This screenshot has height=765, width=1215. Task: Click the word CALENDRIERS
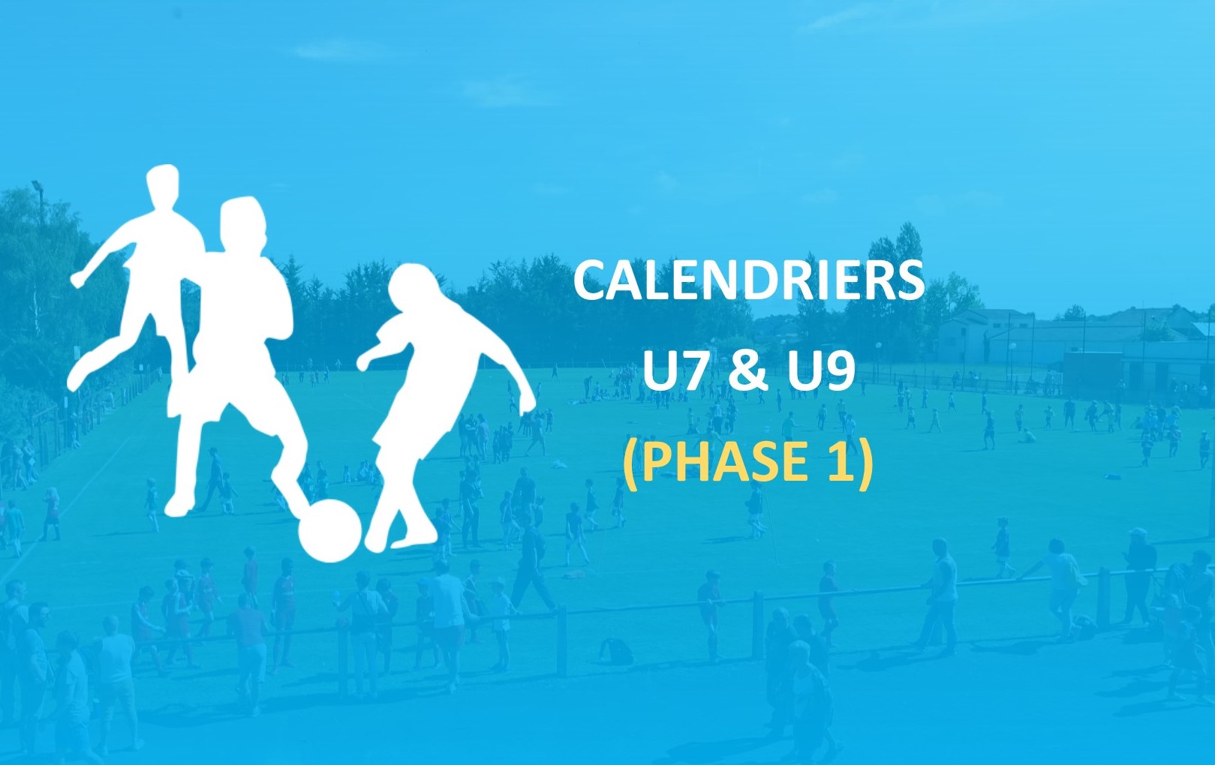[x=748, y=280]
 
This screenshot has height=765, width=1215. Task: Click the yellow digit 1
[x=840, y=461]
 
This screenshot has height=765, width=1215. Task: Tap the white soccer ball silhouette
[x=329, y=530]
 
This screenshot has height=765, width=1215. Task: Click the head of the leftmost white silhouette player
[x=163, y=187]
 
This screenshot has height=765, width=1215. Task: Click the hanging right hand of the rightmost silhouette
[x=527, y=402]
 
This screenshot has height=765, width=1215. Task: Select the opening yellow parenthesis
[x=631, y=464]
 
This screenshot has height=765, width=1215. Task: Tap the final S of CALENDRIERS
[x=909, y=280]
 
